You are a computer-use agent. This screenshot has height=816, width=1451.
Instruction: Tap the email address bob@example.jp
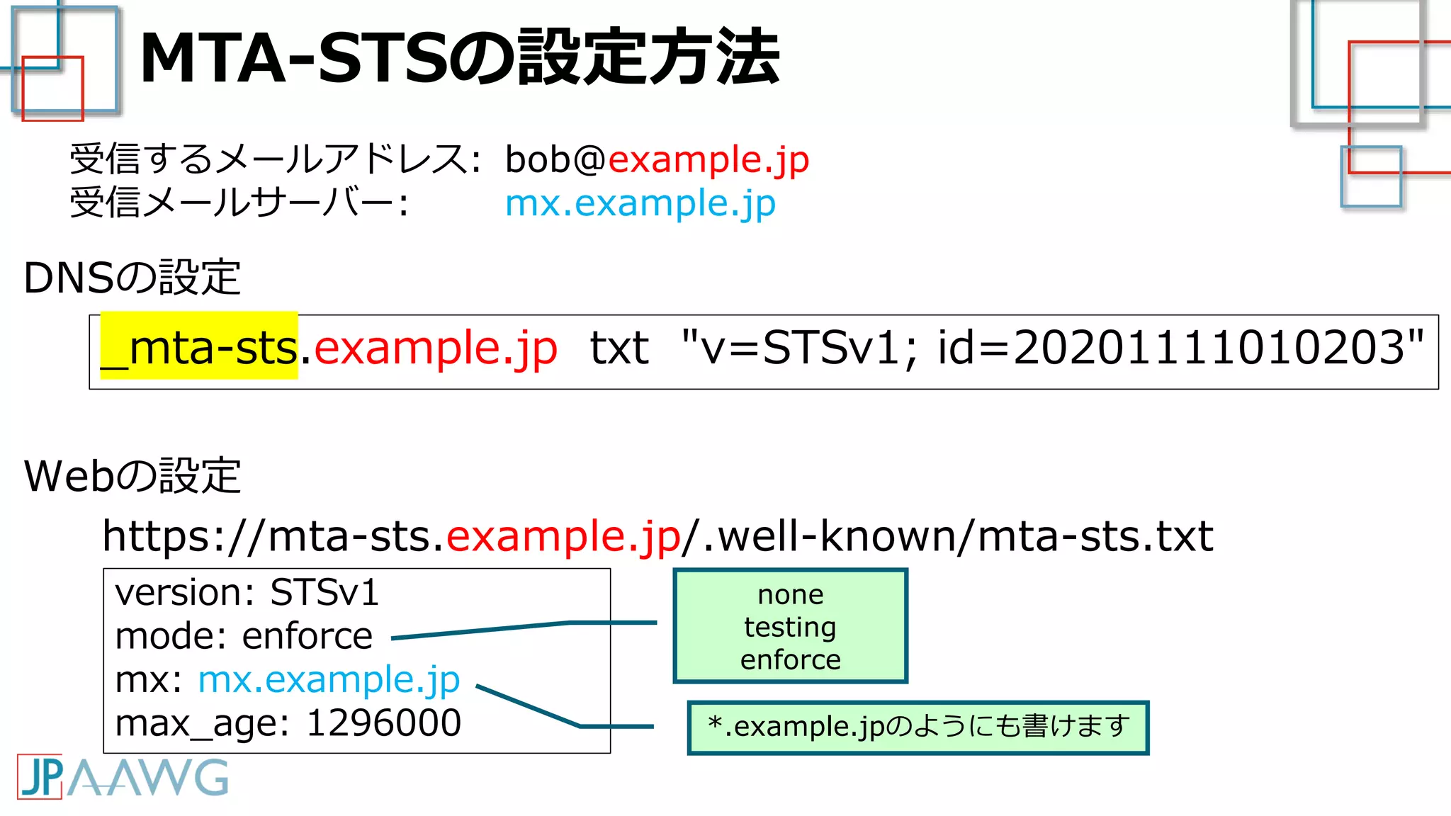(x=656, y=159)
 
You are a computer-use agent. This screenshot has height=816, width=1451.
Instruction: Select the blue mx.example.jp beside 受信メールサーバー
(x=640, y=204)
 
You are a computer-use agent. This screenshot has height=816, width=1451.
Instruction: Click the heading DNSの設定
(x=132, y=278)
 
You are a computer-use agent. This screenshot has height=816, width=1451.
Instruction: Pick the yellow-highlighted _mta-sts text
(x=199, y=348)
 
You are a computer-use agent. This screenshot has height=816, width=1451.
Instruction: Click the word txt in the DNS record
(x=619, y=349)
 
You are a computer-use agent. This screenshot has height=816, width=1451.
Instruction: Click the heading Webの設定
(x=132, y=476)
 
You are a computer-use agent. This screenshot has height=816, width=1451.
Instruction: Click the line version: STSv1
(x=247, y=592)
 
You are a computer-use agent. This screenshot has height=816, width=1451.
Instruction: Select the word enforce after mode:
(x=307, y=636)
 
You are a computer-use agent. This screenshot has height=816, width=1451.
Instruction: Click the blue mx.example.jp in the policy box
(x=329, y=680)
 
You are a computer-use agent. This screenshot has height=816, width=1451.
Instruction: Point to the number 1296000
(x=383, y=724)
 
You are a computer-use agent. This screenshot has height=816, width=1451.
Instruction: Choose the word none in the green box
(x=790, y=595)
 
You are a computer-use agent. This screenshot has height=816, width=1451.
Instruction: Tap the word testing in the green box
(x=790, y=627)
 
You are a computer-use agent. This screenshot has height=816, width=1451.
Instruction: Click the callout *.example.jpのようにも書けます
(x=918, y=727)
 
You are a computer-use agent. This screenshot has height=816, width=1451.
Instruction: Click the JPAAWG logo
(x=123, y=777)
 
